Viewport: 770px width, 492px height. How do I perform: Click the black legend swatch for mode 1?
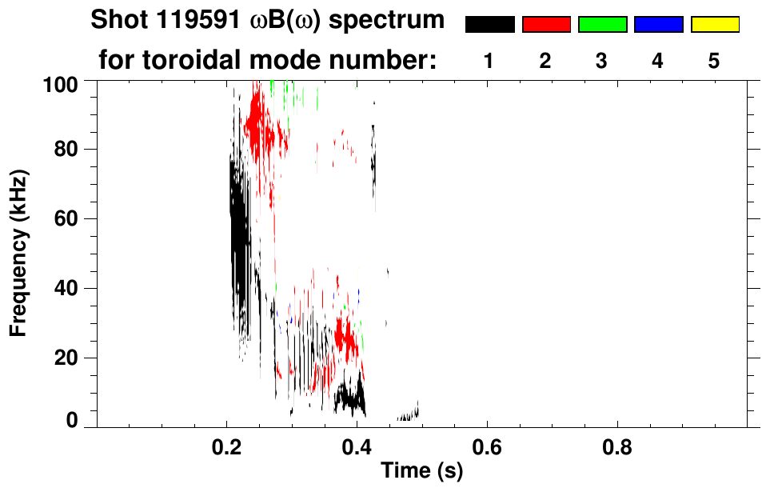(490, 25)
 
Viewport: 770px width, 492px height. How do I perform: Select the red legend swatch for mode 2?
(546, 25)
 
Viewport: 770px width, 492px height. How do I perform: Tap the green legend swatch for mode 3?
(602, 25)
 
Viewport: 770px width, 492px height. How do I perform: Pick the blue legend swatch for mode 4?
(658, 25)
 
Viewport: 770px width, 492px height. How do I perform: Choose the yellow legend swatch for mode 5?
(714, 25)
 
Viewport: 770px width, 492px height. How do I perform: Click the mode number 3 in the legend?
(602, 62)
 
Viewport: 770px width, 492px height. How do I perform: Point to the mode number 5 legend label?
(714, 62)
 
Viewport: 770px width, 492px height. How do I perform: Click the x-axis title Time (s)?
(421, 471)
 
